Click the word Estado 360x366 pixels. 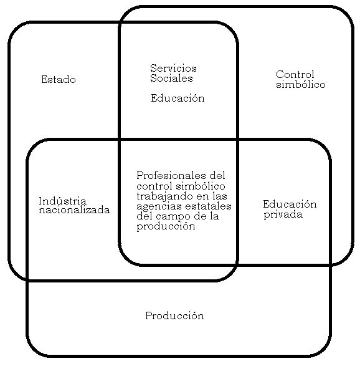(x=59, y=80)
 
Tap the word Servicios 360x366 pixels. (x=173, y=69)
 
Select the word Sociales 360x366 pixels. (x=171, y=78)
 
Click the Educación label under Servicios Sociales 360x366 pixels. (x=178, y=98)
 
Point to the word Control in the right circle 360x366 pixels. (x=295, y=74)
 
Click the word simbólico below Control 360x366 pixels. (x=301, y=84)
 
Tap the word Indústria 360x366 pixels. (x=62, y=201)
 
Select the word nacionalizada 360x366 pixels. (x=74, y=210)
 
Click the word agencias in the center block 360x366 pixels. (x=159, y=206)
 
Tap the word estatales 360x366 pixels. (x=208, y=206)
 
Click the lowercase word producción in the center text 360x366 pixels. (x=166, y=226)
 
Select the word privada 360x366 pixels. (x=283, y=214)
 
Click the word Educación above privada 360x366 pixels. (x=290, y=205)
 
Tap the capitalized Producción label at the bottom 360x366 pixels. (x=174, y=316)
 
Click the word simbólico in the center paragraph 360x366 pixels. (x=201, y=186)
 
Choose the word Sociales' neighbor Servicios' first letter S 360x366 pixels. (x=153, y=69)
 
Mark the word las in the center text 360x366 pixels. (x=220, y=196)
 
